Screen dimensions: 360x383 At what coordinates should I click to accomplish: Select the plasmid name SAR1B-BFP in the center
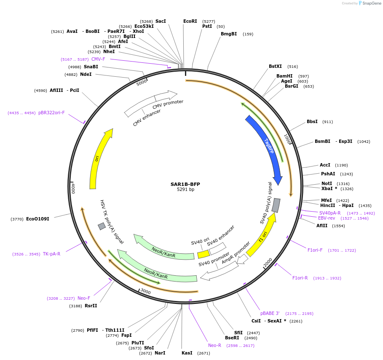(x=185, y=184)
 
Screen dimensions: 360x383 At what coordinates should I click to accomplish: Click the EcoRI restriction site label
(x=190, y=21)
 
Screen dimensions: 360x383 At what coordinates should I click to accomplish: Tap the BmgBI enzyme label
(x=229, y=34)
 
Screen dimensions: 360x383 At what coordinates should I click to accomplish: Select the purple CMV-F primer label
(x=98, y=59)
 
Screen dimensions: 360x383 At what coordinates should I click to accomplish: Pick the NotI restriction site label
(x=327, y=183)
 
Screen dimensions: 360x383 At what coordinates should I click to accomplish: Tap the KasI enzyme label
(x=187, y=353)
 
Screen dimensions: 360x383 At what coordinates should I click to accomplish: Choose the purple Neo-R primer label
(x=214, y=346)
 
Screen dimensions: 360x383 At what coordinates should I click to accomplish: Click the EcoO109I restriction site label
(x=37, y=219)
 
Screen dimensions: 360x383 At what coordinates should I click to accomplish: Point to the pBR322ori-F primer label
(x=51, y=113)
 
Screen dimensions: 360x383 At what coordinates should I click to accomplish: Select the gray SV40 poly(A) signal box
(x=276, y=205)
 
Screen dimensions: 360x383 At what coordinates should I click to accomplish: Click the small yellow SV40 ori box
(x=204, y=254)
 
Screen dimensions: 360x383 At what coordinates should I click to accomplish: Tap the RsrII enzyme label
(x=91, y=306)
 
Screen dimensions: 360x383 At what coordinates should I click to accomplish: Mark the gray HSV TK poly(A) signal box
(x=102, y=226)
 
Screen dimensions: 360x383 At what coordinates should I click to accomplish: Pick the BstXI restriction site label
(x=275, y=66)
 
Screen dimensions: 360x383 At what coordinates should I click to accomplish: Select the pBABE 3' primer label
(x=270, y=313)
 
